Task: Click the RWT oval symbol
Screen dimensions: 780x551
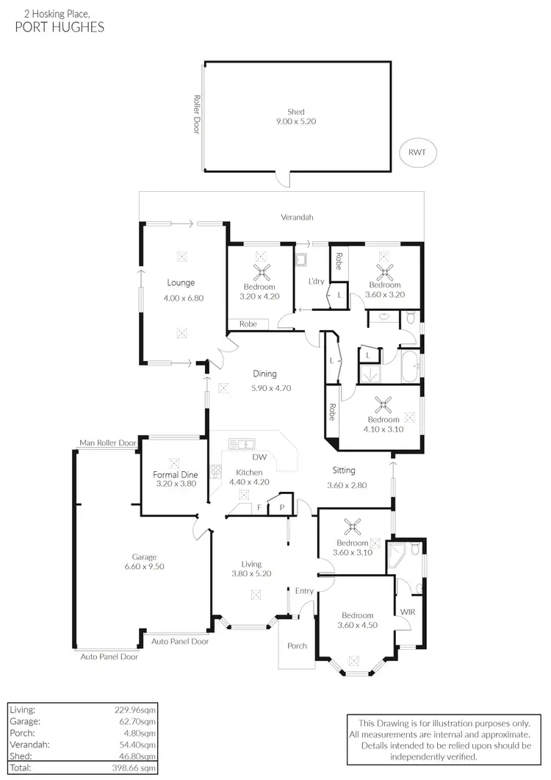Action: tap(417, 153)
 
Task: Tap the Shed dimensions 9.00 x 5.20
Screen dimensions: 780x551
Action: tap(296, 121)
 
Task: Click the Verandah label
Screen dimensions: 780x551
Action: tap(297, 218)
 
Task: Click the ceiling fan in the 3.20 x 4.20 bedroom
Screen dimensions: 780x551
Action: tap(260, 273)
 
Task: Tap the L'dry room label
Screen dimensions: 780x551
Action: tap(316, 282)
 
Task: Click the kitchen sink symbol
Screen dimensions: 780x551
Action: tap(241, 443)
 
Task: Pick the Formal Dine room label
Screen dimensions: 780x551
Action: tap(173, 475)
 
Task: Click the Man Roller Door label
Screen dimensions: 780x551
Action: tap(108, 443)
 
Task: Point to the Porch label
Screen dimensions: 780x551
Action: tap(297, 646)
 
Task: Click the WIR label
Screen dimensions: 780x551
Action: tap(407, 612)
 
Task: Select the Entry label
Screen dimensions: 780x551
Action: tap(304, 591)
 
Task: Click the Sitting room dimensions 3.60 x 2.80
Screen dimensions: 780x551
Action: tap(347, 485)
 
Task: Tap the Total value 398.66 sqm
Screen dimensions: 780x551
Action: tap(135, 768)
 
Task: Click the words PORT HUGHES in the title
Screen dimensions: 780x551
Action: tap(60, 27)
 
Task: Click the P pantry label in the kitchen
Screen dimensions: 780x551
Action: tap(281, 507)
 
